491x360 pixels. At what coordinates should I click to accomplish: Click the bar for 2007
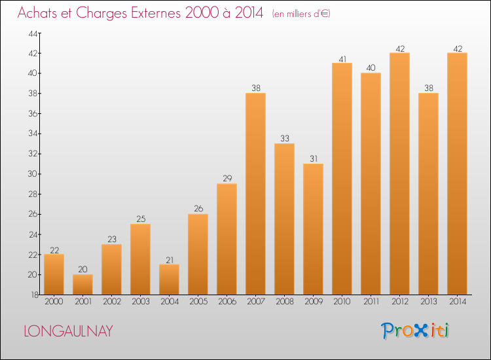255,194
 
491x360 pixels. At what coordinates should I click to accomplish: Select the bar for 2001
82,284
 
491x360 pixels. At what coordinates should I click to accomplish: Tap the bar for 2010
342,179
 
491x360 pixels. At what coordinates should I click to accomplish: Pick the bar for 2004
169,279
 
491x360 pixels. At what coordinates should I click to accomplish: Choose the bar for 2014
457,173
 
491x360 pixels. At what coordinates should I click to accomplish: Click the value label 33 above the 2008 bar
284,138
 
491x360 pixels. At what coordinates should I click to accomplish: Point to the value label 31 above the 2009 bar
313,158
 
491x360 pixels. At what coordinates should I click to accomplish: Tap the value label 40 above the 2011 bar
371,67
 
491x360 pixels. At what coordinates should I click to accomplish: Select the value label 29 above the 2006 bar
227,178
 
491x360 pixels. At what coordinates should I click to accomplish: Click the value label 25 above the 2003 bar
140,219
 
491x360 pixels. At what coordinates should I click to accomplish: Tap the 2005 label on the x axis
198,302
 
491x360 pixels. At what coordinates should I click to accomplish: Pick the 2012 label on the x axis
399,302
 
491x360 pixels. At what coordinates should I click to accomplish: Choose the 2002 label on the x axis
111,302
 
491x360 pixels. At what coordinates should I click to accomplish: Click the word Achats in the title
39,13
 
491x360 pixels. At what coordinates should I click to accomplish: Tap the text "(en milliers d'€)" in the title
300,14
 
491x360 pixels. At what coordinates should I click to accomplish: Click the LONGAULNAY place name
68,331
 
